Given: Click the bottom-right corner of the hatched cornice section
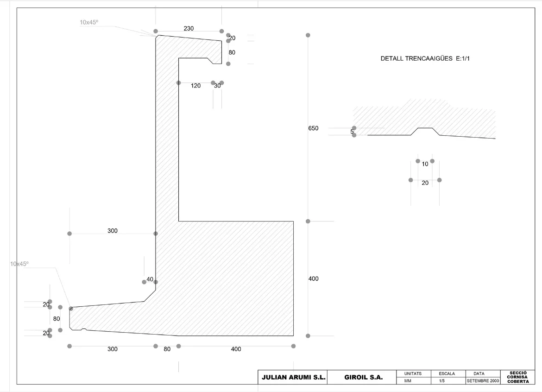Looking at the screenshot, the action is pyautogui.click(x=294, y=335).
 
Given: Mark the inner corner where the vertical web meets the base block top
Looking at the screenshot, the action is pyautogui.click(x=179, y=221).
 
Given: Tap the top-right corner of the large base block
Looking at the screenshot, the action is pyautogui.click(x=294, y=221).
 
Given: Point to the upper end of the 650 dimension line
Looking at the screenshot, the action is pyautogui.click(x=308, y=35).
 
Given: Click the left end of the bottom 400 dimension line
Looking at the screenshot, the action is pyautogui.click(x=179, y=346).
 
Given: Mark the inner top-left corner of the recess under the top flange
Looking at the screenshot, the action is pyautogui.click(x=179, y=58).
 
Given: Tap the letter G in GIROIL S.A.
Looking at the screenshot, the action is pyautogui.click(x=347, y=378).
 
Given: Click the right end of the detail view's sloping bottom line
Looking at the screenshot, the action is pyautogui.click(x=495, y=139).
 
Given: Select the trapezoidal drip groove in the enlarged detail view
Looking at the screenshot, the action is pyautogui.click(x=425, y=131).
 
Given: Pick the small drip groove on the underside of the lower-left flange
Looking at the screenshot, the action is pyautogui.click(x=84, y=329).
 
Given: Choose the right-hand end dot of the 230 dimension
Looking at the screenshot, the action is pyautogui.click(x=221, y=31).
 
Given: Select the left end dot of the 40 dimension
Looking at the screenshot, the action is pyautogui.click(x=144, y=282).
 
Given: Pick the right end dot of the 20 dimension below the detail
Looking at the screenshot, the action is pyautogui.click(x=439, y=180).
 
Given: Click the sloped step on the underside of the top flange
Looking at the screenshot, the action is pyautogui.click(x=210, y=61).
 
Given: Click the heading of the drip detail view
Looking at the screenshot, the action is pyautogui.click(x=425, y=58).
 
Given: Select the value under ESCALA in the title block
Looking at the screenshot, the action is pyautogui.click(x=442, y=381).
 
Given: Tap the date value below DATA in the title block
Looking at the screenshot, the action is pyautogui.click(x=483, y=381).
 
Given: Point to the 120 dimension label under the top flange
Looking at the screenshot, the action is pyautogui.click(x=195, y=86).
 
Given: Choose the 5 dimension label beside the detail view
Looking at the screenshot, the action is pyautogui.click(x=352, y=132).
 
